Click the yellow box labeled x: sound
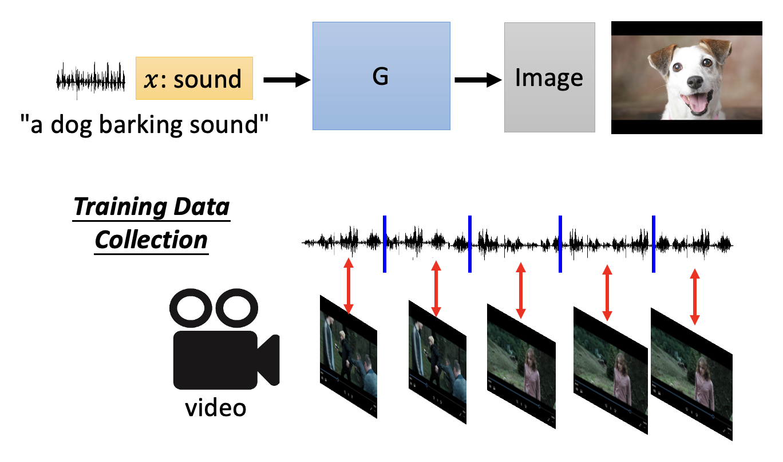194,78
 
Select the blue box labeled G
381,76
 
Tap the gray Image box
549,77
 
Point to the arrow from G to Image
477,81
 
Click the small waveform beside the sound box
90,79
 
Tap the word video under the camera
216,408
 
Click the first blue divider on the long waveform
385,244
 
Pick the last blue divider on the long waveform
653,244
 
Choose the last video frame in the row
691,375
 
